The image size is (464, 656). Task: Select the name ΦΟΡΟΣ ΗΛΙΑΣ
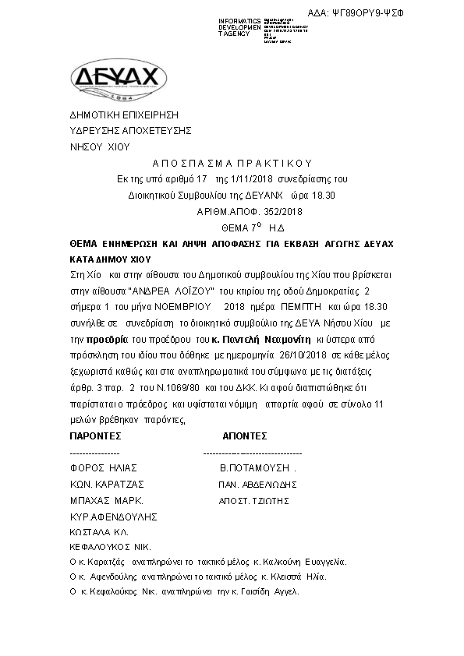[104, 468]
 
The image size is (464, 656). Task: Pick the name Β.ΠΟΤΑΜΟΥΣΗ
[257, 468]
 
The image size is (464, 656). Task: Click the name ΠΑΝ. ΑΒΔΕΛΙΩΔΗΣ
[257, 484]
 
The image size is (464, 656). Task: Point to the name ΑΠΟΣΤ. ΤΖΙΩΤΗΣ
[258, 500]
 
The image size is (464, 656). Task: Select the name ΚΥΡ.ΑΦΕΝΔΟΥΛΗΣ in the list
[113, 517]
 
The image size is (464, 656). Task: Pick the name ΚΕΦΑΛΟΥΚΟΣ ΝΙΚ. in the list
[110, 547]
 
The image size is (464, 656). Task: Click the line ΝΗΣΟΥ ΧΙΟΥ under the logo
[100, 146]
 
